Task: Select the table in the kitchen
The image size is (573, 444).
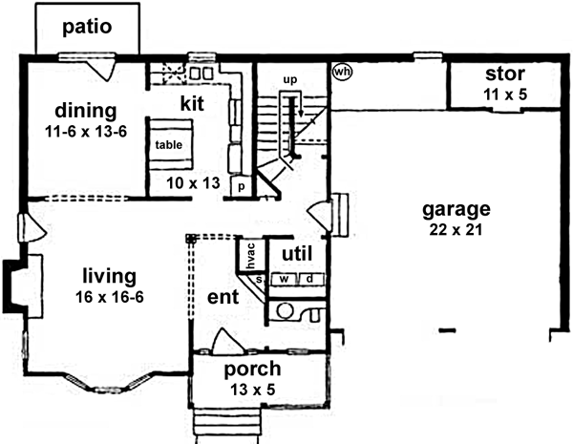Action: point(170,145)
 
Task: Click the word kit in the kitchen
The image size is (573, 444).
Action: point(195,100)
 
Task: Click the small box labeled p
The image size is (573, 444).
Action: point(241,186)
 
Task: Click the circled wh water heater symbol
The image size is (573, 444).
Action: point(342,71)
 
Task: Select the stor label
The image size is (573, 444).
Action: point(504,74)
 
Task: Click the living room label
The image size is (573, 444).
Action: point(108,277)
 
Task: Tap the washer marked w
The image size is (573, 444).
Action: point(284,279)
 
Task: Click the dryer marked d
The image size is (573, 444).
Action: point(310,279)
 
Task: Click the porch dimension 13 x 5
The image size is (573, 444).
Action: point(252,390)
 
